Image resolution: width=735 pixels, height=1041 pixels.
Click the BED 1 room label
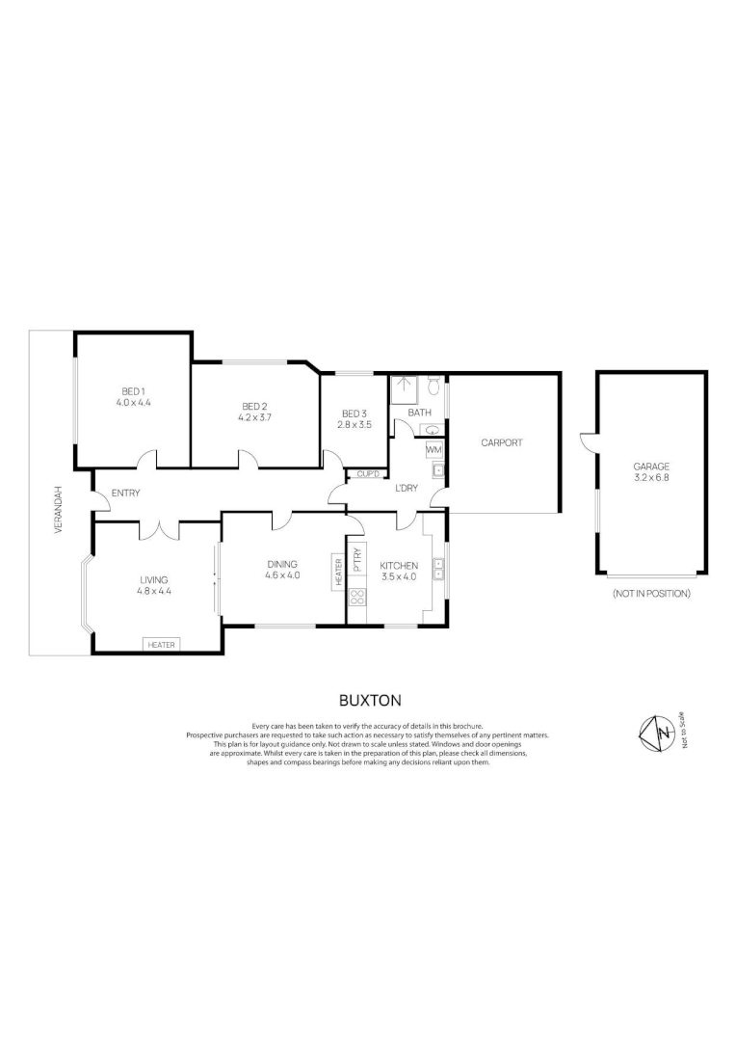(x=133, y=390)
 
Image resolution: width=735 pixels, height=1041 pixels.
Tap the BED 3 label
(x=354, y=413)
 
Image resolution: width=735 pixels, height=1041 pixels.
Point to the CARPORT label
(x=502, y=442)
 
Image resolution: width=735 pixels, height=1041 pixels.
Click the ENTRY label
(x=125, y=494)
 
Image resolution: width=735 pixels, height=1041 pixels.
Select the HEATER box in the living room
(x=161, y=644)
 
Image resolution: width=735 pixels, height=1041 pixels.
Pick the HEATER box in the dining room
(x=338, y=571)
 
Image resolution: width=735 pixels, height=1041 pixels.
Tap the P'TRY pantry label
(x=356, y=558)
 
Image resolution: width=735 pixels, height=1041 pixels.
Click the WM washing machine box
(x=433, y=450)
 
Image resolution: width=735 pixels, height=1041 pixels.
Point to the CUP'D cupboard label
(x=367, y=473)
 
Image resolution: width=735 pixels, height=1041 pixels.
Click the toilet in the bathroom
(x=433, y=387)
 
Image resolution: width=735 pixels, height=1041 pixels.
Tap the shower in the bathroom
(x=403, y=388)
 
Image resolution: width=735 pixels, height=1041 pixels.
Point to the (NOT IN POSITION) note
(x=650, y=594)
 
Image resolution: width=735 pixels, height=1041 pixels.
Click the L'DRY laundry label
(x=407, y=488)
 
